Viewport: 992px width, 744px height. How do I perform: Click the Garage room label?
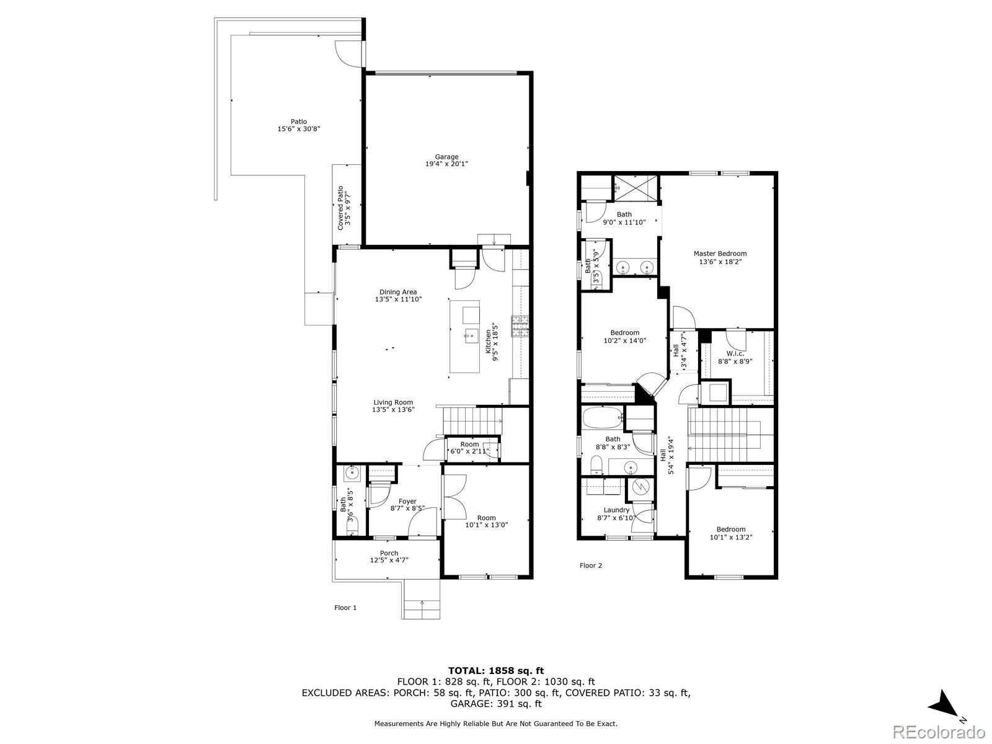pyautogui.click(x=446, y=157)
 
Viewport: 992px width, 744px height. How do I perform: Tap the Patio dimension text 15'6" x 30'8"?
pyautogui.click(x=299, y=129)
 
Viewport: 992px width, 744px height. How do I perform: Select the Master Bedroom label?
pyautogui.click(x=720, y=254)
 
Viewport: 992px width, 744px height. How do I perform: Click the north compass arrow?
pyautogui.click(x=943, y=715)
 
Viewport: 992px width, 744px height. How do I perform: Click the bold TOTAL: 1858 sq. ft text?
pyautogui.click(x=496, y=670)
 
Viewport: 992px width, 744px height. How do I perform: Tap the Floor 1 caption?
pyautogui.click(x=345, y=608)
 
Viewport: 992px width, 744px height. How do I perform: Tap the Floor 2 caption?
pyautogui.click(x=591, y=565)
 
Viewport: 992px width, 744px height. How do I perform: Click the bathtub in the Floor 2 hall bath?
pyautogui.click(x=603, y=418)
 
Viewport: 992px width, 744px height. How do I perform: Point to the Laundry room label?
pyautogui.click(x=616, y=510)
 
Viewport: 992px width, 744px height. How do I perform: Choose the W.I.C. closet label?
pyautogui.click(x=735, y=353)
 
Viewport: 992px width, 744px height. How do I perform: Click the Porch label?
pyautogui.click(x=389, y=553)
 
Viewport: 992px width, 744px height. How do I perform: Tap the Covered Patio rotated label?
pyautogui.click(x=340, y=208)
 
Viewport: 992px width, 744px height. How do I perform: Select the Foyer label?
pyautogui.click(x=407, y=501)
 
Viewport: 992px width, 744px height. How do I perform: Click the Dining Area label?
pyautogui.click(x=398, y=292)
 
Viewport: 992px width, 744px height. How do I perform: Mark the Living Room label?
pyautogui.click(x=393, y=402)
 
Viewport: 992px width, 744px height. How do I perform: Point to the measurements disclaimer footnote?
pyautogui.click(x=496, y=723)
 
